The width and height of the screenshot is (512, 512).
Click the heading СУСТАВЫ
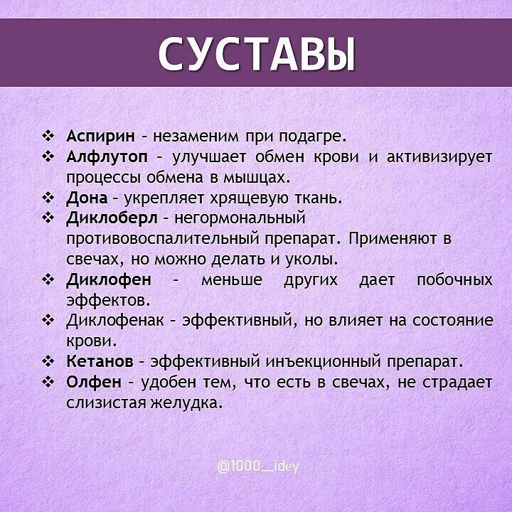[257, 53]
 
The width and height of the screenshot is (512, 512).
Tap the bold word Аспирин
[100, 137]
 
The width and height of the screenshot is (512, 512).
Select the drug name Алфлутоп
[107, 157]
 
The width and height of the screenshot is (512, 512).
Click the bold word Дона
[87, 198]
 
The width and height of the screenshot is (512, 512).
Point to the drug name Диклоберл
[112, 218]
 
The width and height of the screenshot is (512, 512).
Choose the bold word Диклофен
[109, 279]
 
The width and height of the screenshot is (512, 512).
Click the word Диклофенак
[115, 320]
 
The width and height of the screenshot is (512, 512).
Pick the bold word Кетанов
[100, 361]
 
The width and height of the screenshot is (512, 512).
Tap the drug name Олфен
[94, 381]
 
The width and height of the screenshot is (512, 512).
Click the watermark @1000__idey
[258, 466]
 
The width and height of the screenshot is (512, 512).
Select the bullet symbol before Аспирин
[48, 136]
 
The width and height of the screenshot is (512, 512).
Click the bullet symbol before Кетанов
[48, 361]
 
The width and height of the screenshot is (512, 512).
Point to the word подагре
[312, 137]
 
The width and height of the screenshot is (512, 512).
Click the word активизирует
[439, 157]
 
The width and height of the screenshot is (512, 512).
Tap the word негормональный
[240, 219]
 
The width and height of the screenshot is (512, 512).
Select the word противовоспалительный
[165, 240]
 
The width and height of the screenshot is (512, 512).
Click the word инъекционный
[324, 362]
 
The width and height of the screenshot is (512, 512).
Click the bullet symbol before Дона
[48, 198]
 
